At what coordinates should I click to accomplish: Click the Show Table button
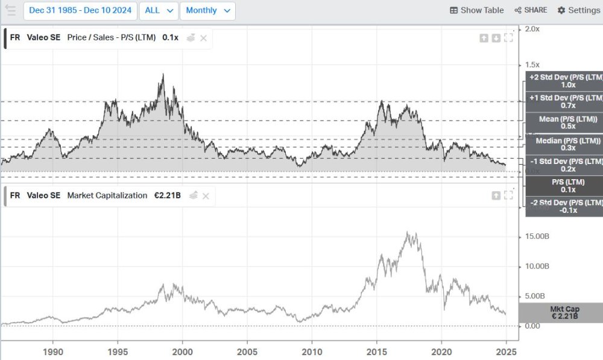point(476,10)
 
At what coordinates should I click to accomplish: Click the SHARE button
point(531,10)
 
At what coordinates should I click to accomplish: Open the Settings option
point(578,10)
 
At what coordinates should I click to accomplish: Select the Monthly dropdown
point(207,10)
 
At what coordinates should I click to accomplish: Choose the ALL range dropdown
point(159,10)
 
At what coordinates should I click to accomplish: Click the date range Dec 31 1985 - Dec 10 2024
point(80,10)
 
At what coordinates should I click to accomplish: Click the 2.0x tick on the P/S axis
point(532,29)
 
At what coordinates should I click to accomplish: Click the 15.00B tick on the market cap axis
point(537,236)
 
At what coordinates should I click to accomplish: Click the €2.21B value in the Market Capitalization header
point(168,195)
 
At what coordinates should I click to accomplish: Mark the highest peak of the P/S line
point(163,74)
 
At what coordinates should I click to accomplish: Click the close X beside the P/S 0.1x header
point(204,38)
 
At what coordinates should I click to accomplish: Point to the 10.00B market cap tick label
point(537,266)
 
